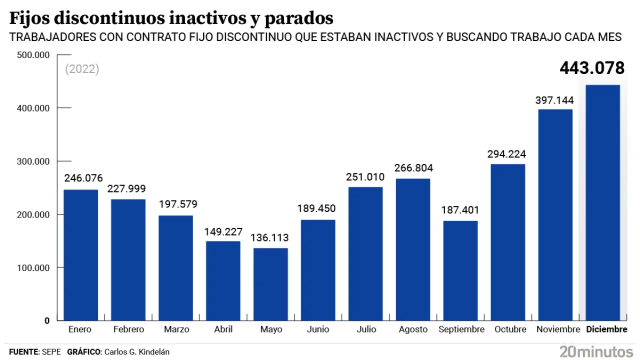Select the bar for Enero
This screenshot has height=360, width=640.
[x=81, y=255]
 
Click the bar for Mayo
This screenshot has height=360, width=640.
[x=270, y=284]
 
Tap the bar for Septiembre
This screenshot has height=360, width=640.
[x=460, y=270]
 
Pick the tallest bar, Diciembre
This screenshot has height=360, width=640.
[x=602, y=202]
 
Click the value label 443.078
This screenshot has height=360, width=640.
[x=592, y=68]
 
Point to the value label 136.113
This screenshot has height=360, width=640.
[x=270, y=237]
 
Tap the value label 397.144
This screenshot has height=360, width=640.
[x=555, y=100]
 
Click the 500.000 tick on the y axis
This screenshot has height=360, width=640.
[x=33, y=55]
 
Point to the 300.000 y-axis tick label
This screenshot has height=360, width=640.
[x=33, y=161]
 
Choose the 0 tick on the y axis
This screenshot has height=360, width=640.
[x=46, y=321]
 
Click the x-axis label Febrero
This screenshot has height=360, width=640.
[x=128, y=329]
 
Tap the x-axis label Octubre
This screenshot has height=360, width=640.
[x=510, y=329]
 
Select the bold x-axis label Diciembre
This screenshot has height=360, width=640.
[x=606, y=329]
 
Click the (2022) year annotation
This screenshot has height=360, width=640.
[x=82, y=69]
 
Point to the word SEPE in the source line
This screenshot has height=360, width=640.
[x=51, y=352]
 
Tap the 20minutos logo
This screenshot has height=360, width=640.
[x=596, y=351]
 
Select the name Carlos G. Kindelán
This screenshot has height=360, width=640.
[x=136, y=352]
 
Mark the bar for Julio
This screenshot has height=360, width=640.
[x=365, y=253]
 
